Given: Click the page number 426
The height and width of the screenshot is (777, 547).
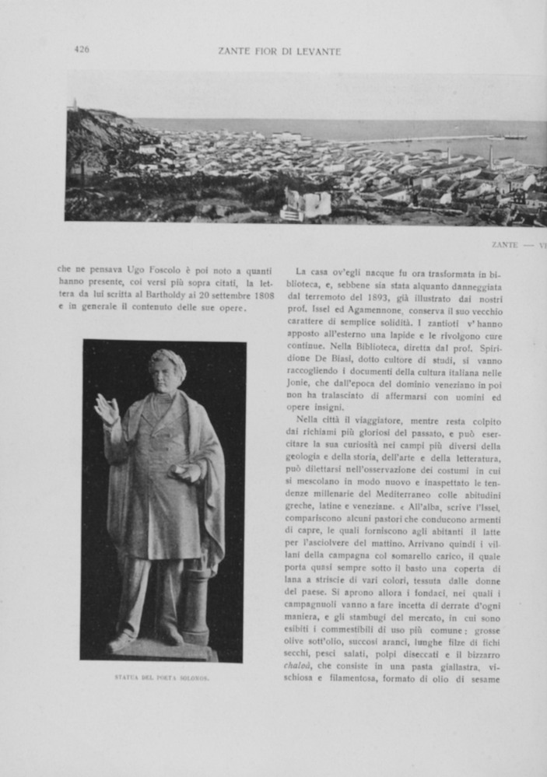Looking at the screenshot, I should (x=82, y=49).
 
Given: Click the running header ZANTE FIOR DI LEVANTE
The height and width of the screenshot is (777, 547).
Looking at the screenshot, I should (x=279, y=51).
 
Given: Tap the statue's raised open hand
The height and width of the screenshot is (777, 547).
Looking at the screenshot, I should (x=106, y=408).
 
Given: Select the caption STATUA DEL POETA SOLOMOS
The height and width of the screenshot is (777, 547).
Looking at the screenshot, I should (x=162, y=677).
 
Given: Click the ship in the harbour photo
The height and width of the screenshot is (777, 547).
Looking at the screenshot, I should (x=514, y=138).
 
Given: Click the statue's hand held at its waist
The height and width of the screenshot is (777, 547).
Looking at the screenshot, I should (x=188, y=472).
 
